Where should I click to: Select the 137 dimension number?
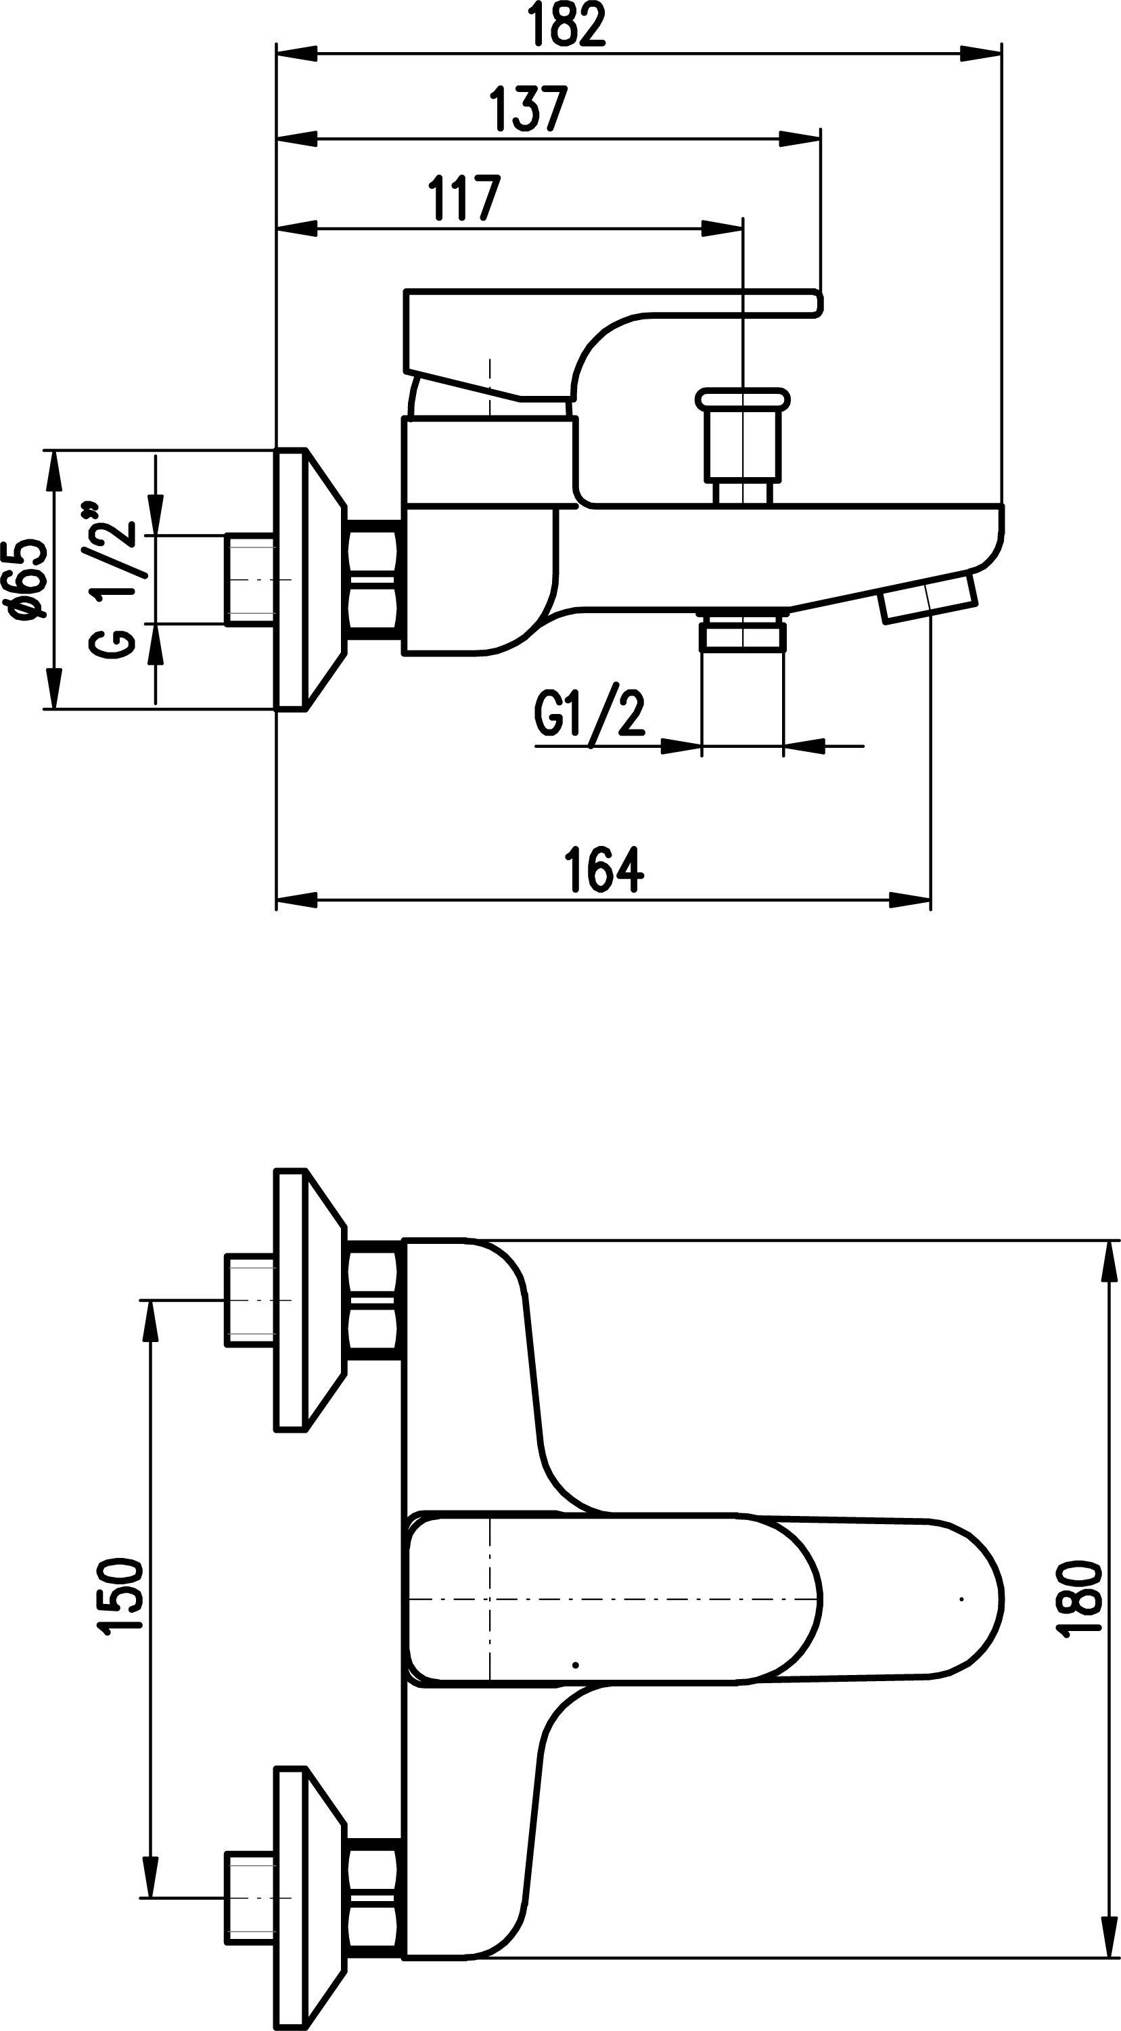pos(528,108)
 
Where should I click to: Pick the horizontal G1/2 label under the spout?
pos(590,713)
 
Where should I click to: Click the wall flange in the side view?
pos(310,579)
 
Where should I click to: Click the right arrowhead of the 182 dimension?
pos(981,53)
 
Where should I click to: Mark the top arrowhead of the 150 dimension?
pos(150,1322)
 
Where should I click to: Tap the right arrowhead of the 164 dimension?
pos(910,899)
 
